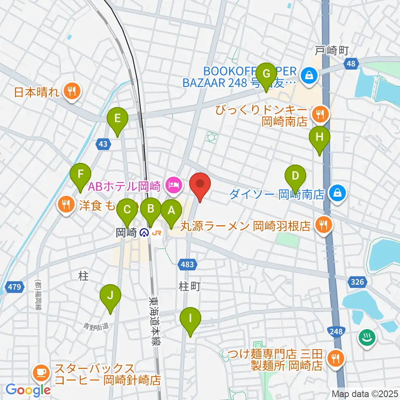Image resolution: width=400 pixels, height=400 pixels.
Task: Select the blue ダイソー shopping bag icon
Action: pyautogui.click(x=336, y=192)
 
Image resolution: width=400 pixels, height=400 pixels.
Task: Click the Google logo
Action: pyautogui.click(x=28, y=390)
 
